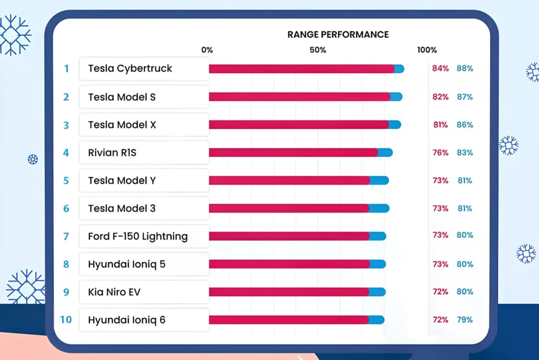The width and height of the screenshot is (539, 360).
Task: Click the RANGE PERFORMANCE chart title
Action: pyautogui.click(x=338, y=35)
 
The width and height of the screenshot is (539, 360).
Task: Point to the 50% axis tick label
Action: pyautogui.click(x=318, y=50)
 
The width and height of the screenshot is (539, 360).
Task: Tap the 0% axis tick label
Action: pyautogui.click(x=207, y=50)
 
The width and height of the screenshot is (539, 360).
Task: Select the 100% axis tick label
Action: pyautogui.click(x=427, y=50)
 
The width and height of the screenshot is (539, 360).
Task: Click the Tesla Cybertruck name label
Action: pyautogui.click(x=130, y=68)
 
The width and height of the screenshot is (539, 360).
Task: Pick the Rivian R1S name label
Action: pyautogui.click(x=113, y=153)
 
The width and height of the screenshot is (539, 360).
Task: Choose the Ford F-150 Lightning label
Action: pyautogui.click(x=137, y=236)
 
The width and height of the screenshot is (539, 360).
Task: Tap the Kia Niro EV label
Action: pyautogui.click(x=114, y=292)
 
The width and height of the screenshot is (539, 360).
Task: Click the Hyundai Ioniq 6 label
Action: pyautogui.click(x=127, y=319)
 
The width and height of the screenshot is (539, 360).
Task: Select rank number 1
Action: pyautogui.click(x=66, y=68)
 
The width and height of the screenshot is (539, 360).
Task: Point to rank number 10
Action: pyautogui.click(x=66, y=319)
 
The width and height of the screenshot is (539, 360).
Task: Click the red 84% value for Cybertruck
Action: pyautogui.click(x=440, y=68)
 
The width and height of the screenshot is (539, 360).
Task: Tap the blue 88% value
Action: pyautogui.click(x=465, y=68)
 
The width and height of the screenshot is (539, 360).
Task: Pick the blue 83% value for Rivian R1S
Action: pyautogui.click(x=465, y=153)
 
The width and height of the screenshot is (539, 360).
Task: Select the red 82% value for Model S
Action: pyautogui.click(x=440, y=97)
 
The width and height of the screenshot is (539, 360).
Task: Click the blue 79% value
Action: pyautogui.click(x=465, y=319)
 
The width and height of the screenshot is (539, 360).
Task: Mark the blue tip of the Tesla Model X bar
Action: pyautogui.click(x=395, y=125)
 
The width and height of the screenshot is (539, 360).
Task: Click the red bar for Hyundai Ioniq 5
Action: pyautogui.click(x=289, y=264)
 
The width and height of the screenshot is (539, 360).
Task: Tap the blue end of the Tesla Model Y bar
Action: pyautogui.click(x=380, y=181)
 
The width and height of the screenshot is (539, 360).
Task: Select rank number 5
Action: pyautogui.click(x=66, y=181)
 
